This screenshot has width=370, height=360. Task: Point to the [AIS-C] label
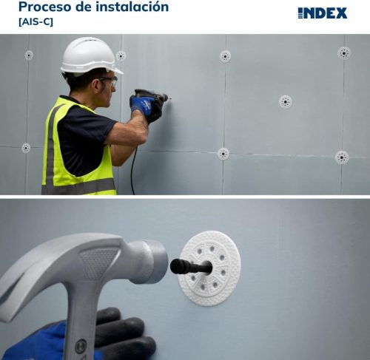[36, 22]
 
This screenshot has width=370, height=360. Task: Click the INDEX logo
[322, 13]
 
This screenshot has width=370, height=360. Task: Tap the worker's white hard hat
[89, 55]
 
